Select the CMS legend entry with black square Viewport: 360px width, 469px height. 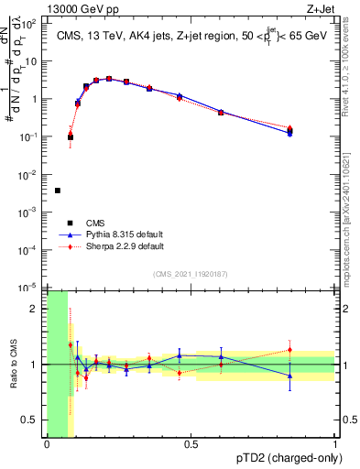(x=70, y=223)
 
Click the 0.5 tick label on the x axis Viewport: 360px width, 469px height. (x=191, y=445)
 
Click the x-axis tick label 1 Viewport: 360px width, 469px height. (x=335, y=445)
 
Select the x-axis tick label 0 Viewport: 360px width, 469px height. (x=47, y=445)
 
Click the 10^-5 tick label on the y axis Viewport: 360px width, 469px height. (x=29, y=288)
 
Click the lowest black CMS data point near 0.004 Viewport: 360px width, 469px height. (x=58, y=191)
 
